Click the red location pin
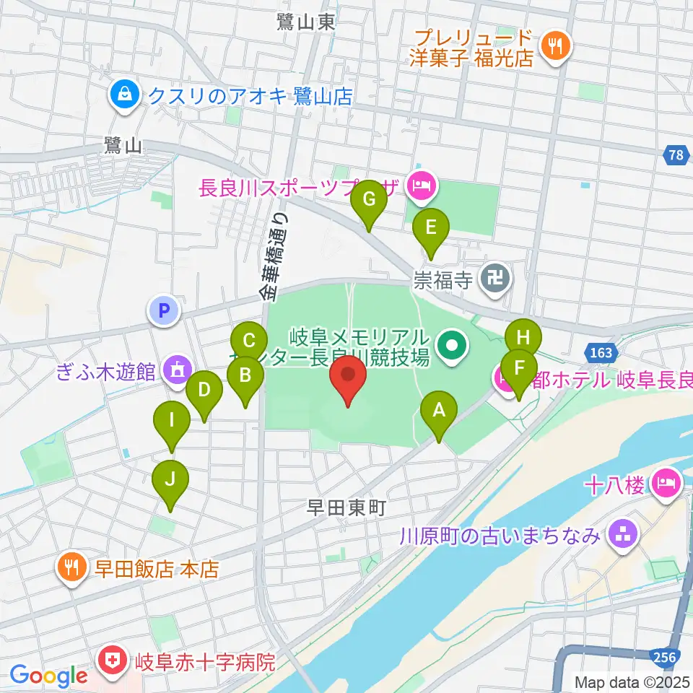click(x=348, y=378)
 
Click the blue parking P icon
click(x=164, y=311)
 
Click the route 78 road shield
click(x=675, y=155)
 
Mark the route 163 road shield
click(x=601, y=353)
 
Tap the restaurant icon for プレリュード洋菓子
click(x=555, y=45)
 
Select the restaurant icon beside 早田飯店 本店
click(x=72, y=568)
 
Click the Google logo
click(x=48, y=676)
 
